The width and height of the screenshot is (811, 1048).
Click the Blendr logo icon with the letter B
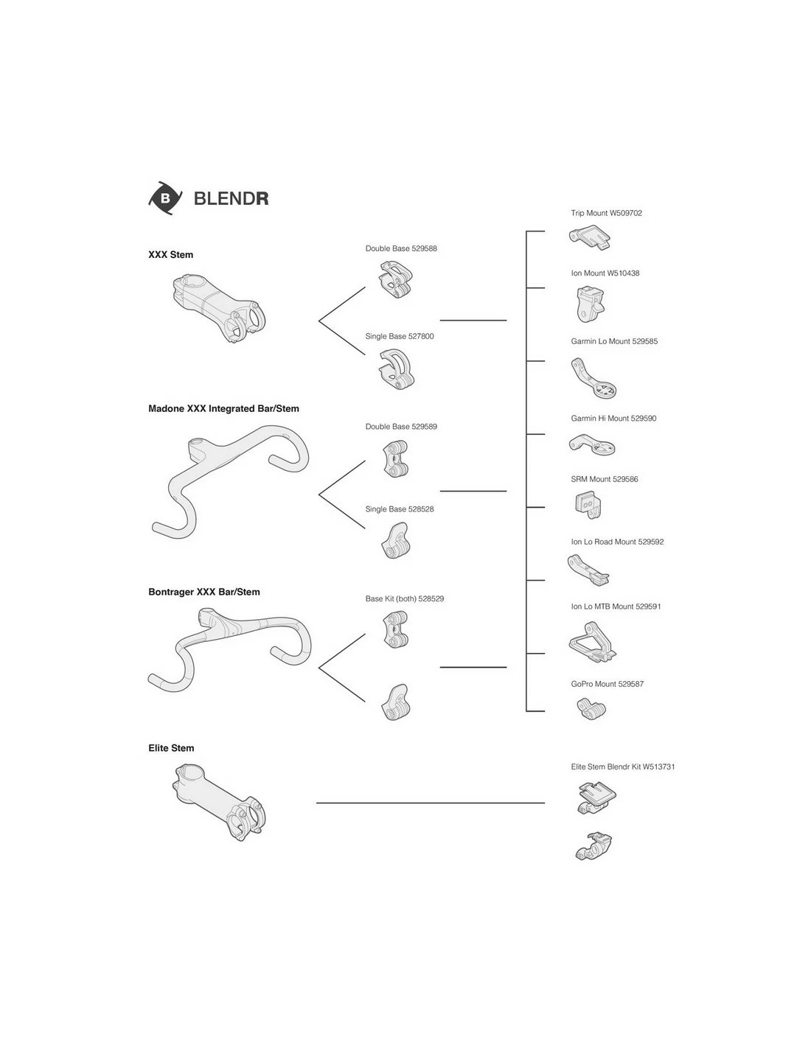click(165, 198)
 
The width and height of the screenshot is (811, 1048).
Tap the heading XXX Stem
click(171, 255)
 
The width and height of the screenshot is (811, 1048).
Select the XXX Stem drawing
click(218, 308)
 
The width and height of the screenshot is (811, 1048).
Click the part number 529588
click(424, 248)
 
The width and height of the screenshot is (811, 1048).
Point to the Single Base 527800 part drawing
click(397, 369)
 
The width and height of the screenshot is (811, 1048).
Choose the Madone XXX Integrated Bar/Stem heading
click(223, 408)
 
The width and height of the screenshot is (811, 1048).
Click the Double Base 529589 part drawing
click(396, 458)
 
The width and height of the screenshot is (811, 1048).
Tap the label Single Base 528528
click(400, 509)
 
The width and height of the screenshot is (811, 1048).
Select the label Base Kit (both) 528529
click(404, 598)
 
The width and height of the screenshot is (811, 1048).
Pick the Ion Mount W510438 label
click(605, 273)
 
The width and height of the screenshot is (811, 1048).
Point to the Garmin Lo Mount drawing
click(594, 378)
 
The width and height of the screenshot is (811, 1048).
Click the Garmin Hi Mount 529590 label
click(613, 418)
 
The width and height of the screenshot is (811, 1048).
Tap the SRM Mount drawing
click(588, 505)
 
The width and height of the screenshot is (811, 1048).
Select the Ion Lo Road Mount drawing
click(588, 570)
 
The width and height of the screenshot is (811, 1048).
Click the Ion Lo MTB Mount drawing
click(593, 643)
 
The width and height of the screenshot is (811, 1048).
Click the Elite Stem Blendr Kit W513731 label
click(623, 766)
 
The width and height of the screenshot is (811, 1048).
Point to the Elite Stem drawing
click(219, 802)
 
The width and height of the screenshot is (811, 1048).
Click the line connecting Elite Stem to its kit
click(431, 803)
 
